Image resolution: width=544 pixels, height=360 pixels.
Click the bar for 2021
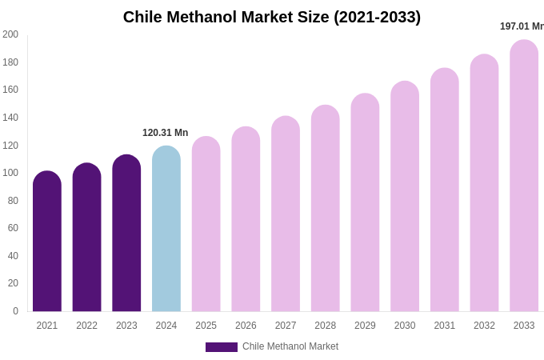pos(47,242)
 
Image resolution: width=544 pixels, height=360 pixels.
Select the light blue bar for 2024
pos(166,229)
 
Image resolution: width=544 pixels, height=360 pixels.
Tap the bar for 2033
pos(524,176)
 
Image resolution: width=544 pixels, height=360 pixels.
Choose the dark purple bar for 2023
pos(126,234)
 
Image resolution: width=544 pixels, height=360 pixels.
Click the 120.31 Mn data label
pos(166,133)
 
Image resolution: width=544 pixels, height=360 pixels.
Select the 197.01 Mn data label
pos(522,26)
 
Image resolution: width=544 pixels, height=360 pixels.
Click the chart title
pos(272,17)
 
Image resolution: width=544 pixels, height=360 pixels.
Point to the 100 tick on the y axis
pos(10,173)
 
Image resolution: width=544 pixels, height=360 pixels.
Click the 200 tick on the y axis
pos(10,34)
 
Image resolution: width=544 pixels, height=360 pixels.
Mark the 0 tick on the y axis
pos(15,311)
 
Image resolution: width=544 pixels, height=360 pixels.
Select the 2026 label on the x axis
pos(246,326)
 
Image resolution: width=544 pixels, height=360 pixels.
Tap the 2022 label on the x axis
pos(86,326)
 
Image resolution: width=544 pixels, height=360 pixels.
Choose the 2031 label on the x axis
pos(445,326)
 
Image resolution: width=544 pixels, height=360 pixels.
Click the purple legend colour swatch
pos(222,347)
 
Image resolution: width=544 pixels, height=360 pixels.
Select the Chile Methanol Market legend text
pos(290,346)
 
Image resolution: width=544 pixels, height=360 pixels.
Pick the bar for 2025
pos(206,224)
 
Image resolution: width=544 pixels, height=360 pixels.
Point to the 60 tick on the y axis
pos(13,228)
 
